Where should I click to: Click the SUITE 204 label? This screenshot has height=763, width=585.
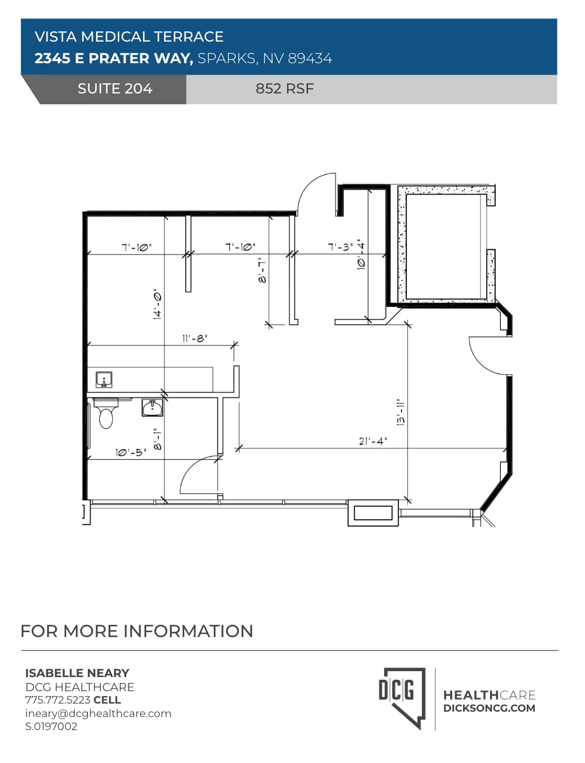point(114,89)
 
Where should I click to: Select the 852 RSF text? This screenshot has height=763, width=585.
point(284,89)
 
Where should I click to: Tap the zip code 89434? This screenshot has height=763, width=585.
point(310,58)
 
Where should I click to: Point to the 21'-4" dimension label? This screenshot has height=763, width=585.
point(373,441)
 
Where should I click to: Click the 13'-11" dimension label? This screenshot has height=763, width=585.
point(400,412)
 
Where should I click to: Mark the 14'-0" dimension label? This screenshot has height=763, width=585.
point(158,304)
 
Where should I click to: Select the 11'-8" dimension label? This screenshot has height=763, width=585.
point(194,339)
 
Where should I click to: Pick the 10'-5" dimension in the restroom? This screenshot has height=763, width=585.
point(131,452)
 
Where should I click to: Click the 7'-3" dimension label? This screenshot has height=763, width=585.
point(341,247)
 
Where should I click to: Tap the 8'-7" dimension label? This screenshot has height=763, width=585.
point(262,270)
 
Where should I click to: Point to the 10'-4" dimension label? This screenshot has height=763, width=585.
point(361,255)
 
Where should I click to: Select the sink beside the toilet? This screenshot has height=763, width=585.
point(152,407)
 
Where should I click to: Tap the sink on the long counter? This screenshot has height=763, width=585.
point(104,380)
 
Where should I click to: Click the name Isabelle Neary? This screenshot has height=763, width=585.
point(77,673)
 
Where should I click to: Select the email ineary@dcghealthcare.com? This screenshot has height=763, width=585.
point(98,713)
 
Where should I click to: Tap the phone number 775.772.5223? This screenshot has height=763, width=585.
point(58,700)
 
